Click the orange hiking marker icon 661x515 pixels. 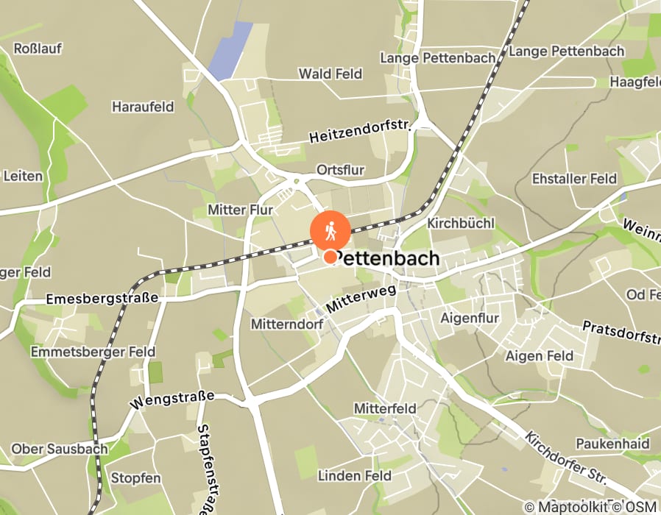pyautogui.click(x=330, y=231)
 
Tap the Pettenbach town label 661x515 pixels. pyautogui.click(x=391, y=258)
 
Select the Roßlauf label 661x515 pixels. pyautogui.click(x=38, y=49)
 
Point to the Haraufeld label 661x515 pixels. pyautogui.click(x=143, y=107)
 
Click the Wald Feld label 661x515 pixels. pyautogui.click(x=330, y=74)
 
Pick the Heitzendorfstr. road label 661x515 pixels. pyautogui.click(x=358, y=132)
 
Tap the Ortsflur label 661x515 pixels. pyautogui.click(x=340, y=170)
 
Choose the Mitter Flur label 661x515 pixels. pyautogui.click(x=240, y=210)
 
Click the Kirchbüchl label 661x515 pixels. pyautogui.click(x=461, y=222)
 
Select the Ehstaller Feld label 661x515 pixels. pyautogui.click(x=574, y=179)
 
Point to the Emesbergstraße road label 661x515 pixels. pyautogui.click(x=102, y=299)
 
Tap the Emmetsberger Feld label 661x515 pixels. pyautogui.click(x=93, y=352)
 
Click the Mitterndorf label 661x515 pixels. pyautogui.click(x=283, y=324)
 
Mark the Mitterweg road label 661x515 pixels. pyautogui.click(x=361, y=299)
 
